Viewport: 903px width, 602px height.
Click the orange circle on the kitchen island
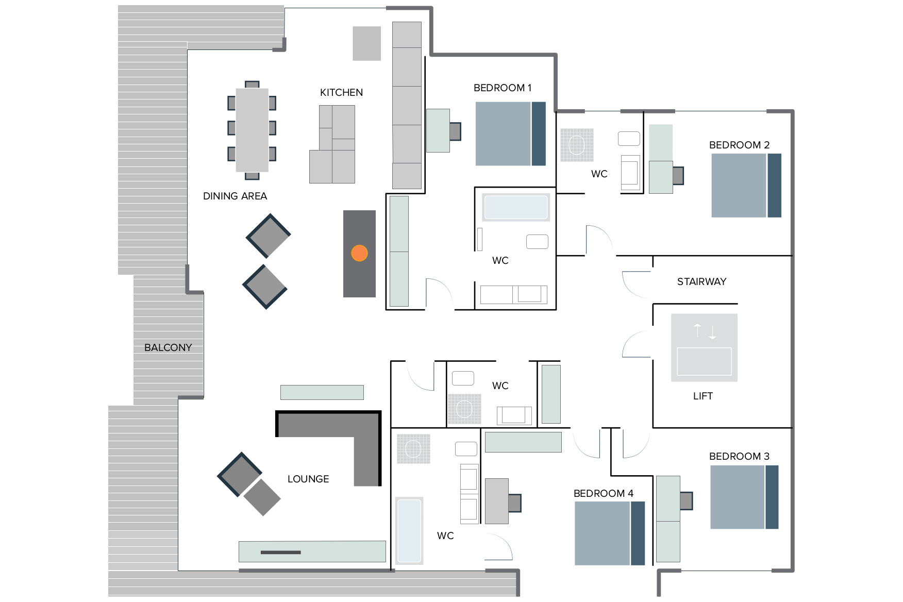(359, 253)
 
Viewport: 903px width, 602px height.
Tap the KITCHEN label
(341, 93)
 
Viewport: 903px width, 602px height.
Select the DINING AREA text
(235, 196)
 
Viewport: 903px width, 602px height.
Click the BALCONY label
(168, 348)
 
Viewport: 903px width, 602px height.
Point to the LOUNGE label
(308, 479)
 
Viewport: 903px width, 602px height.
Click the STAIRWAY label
(701, 282)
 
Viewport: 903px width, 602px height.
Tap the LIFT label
(703, 396)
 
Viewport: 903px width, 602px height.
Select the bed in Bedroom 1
(510, 133)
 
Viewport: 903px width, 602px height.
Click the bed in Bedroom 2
(746, 186)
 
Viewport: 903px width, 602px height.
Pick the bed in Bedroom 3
(744, 497)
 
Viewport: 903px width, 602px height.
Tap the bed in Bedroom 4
(610, 533)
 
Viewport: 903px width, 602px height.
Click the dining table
(252, 130)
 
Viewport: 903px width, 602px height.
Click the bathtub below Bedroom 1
(516, 207)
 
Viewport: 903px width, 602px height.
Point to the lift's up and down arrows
(705, 331)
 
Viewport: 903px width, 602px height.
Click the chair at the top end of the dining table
(252, 85)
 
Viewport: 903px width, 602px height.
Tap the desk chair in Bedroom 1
(455, 131)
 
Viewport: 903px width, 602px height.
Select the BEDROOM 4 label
(604, 494)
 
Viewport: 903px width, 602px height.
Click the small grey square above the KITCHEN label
(367, 44)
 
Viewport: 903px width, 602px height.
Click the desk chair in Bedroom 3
(686, 500)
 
